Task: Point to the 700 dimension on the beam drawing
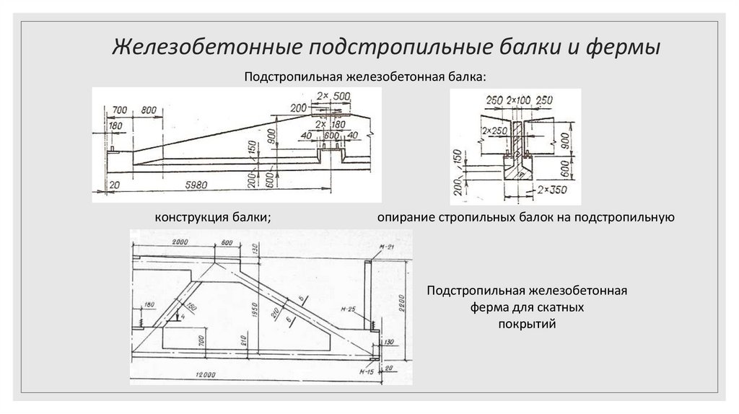tap(120, 109)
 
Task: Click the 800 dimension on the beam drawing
tap(149, 109)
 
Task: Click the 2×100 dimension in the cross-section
tap(518, 99)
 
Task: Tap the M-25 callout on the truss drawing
tap(349, 310)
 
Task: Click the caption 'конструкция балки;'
tap(212, 216)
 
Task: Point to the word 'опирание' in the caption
tap(404, 216)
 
